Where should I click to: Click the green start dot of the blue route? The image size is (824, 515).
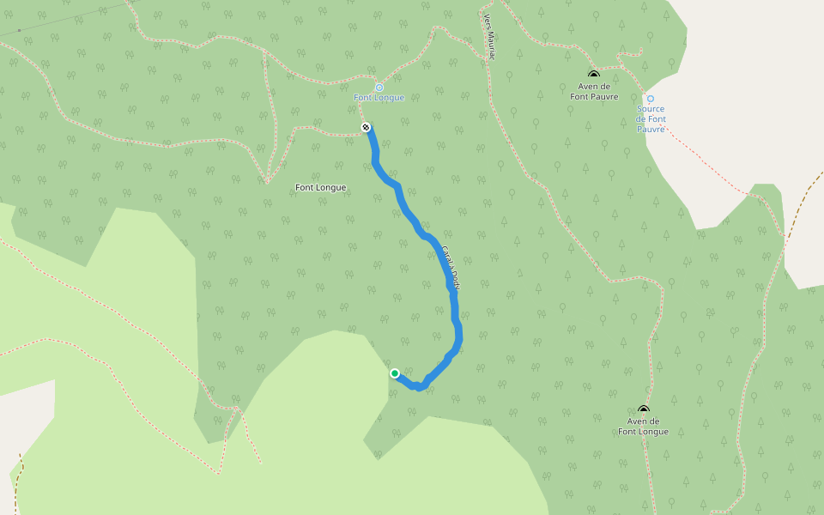point(395,373)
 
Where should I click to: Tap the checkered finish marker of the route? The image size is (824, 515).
point(367,128)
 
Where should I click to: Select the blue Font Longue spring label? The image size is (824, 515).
point(379,98)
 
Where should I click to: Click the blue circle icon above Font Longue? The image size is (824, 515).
point(379,87)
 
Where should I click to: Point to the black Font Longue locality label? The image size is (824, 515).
point(320,187)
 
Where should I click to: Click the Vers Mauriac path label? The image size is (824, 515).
point(489,37)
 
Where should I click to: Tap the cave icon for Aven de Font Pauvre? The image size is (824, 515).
point(593,75)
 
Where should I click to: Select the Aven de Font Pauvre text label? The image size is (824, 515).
point(594,91)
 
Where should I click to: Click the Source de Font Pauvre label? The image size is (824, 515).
point(651,119)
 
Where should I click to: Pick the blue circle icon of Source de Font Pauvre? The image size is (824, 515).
point(650,99)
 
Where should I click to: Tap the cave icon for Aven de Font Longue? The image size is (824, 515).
point(643,409)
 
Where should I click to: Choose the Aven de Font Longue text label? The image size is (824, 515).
point(643,427)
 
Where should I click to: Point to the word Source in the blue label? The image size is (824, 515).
point(651,109)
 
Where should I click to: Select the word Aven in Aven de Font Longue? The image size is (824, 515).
point(636,421)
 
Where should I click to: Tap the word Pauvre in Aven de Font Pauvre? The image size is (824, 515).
point(604,97)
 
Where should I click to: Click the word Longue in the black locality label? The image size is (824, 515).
point(332,187)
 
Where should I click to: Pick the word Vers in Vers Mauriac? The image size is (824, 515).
point(488,20)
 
